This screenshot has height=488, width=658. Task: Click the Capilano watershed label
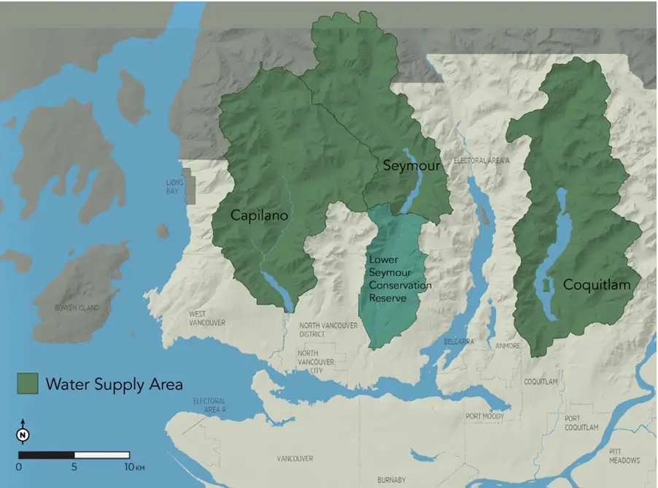(x=259, y=216)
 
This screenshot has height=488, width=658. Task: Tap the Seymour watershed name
(x=411, y=166)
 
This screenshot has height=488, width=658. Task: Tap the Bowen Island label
(x=86, y=308)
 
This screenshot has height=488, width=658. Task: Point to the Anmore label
(x=507, y=346)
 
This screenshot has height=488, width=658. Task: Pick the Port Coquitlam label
(x=581, y=422)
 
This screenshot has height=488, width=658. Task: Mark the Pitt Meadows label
(x=624, y=456)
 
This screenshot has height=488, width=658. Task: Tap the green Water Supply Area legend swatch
(x=28, y=384)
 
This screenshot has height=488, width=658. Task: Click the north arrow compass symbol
(x=23, y=435)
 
